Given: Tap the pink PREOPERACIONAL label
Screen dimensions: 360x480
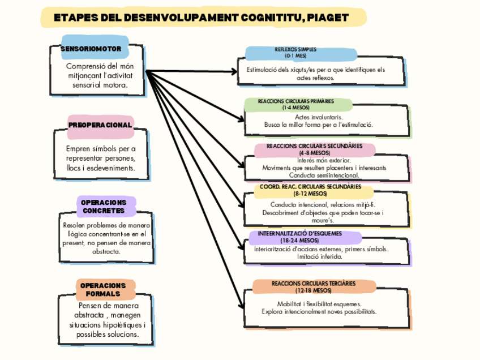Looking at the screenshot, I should [x=100, y=125].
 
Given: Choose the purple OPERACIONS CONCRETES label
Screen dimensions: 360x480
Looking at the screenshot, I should [x=104, y=207].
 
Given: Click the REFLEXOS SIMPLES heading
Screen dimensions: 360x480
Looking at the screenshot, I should [x=295, y=53].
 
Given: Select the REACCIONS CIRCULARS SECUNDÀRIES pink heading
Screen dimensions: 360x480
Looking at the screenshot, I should [x=314, y=149].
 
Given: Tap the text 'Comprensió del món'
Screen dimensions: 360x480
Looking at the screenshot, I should [x=100, y=66].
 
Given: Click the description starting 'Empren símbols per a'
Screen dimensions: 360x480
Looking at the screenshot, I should [x=101, y=148].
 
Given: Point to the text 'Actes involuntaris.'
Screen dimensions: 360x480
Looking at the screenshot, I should [x=318, y=117].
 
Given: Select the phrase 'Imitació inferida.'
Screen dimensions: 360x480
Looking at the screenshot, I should [x=320, y=256].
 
